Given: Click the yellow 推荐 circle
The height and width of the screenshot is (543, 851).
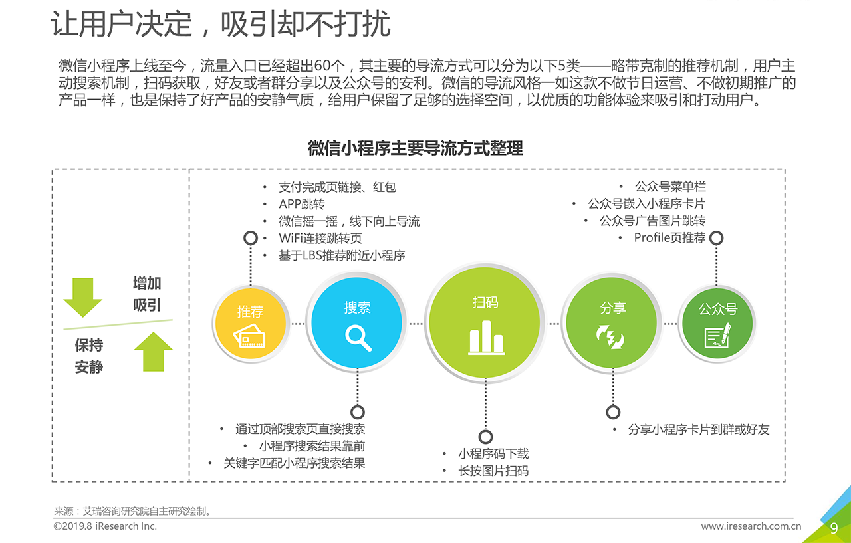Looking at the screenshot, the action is click(251, 324).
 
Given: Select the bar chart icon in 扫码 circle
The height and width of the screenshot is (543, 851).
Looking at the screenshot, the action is click(486, 337).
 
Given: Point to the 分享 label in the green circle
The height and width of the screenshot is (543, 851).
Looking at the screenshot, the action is click(613, 308).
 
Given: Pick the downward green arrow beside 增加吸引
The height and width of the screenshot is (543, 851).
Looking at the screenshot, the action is click(83, 297).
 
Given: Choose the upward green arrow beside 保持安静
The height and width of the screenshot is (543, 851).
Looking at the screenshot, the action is click(154, 352).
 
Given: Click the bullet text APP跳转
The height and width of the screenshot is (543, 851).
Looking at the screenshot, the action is click(302, 204).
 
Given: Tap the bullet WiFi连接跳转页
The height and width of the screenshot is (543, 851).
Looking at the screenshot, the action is click(320, 238).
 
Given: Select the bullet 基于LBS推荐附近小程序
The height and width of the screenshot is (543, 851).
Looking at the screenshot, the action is click(342, 255).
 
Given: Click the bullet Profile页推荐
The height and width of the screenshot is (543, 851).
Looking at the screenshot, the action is click(669, 238).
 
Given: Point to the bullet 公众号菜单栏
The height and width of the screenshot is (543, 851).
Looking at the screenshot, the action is click(670, 187).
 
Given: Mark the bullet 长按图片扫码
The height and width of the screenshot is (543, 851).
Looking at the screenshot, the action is click(493, 471).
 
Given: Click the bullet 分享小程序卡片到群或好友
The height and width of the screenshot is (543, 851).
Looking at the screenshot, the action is click(699, 429).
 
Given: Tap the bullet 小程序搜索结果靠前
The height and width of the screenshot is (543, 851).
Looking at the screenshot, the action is click(312, 446).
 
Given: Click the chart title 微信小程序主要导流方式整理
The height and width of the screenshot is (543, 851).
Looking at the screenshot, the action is click(416, 148).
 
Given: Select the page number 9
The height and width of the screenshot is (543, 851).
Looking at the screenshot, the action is click(834, 528).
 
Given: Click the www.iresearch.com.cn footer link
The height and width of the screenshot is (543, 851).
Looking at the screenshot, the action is click(751, 526).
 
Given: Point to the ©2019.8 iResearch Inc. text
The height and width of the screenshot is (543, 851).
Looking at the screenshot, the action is click(105, 526).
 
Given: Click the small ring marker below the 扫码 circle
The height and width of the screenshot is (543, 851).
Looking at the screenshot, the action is click(485, 437).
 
